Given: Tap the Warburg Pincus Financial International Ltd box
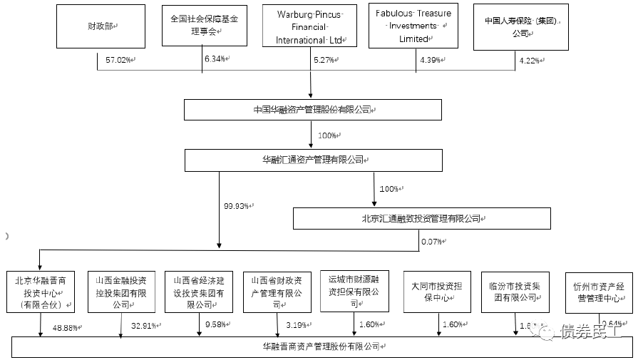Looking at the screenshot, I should pyautogui.click(x=309, y=26).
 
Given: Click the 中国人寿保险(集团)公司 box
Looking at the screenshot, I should pyautogui.click(x=520, y=27).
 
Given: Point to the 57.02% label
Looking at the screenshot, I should pyautogui.click(x=118, y=61).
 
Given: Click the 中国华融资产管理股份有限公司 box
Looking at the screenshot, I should pyautogui.click(x=312, y=110).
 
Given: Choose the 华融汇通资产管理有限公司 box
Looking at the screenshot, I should pyautogui.click(x=312, y=160).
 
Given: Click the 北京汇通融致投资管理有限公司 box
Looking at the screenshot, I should pyautogui.click(x=421, y=218).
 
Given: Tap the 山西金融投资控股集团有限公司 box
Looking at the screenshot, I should pyautogui.click(x=120, y=292).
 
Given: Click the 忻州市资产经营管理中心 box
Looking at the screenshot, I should pyautogui.click(x=598, y=292).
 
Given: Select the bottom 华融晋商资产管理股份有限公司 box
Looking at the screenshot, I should pyautogui.click(x=321, y=347).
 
